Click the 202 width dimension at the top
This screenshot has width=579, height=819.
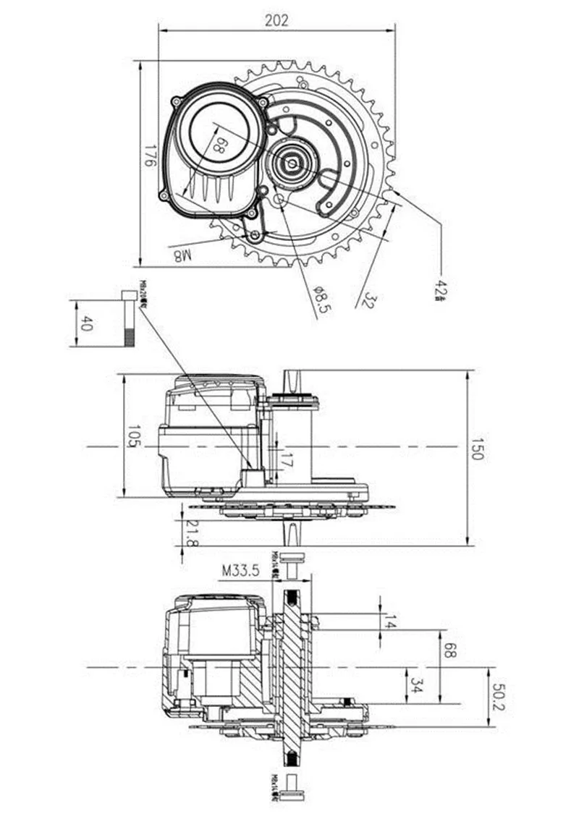(x=276, y=20)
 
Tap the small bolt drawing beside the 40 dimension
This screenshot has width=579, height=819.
(x=129, y=317)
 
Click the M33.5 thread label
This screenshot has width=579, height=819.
(x=241, y=570)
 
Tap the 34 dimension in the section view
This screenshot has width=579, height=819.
(x=415, y=684)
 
